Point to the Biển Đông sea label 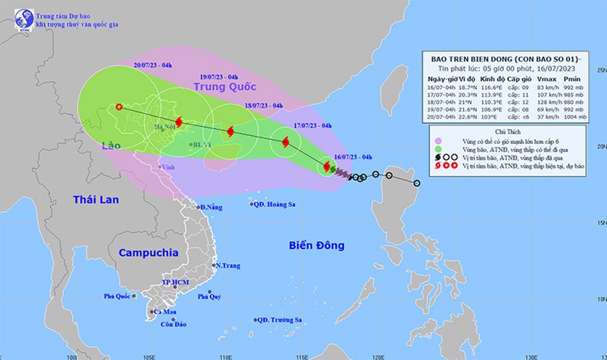tap(316, 246)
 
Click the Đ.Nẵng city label tap(212, 207)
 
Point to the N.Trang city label tap(229, 265)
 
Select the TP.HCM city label tap(174, 282)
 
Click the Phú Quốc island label tap(118, 296)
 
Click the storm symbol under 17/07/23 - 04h tap(285, 143)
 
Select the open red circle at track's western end tap(119, 107)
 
